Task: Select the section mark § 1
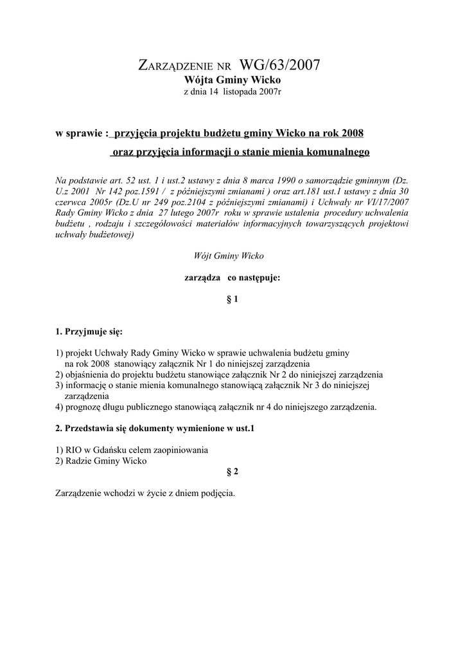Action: pyautogui.click(x=232, y=299)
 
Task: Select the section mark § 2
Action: pyautogui.click(x=232, y=472)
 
